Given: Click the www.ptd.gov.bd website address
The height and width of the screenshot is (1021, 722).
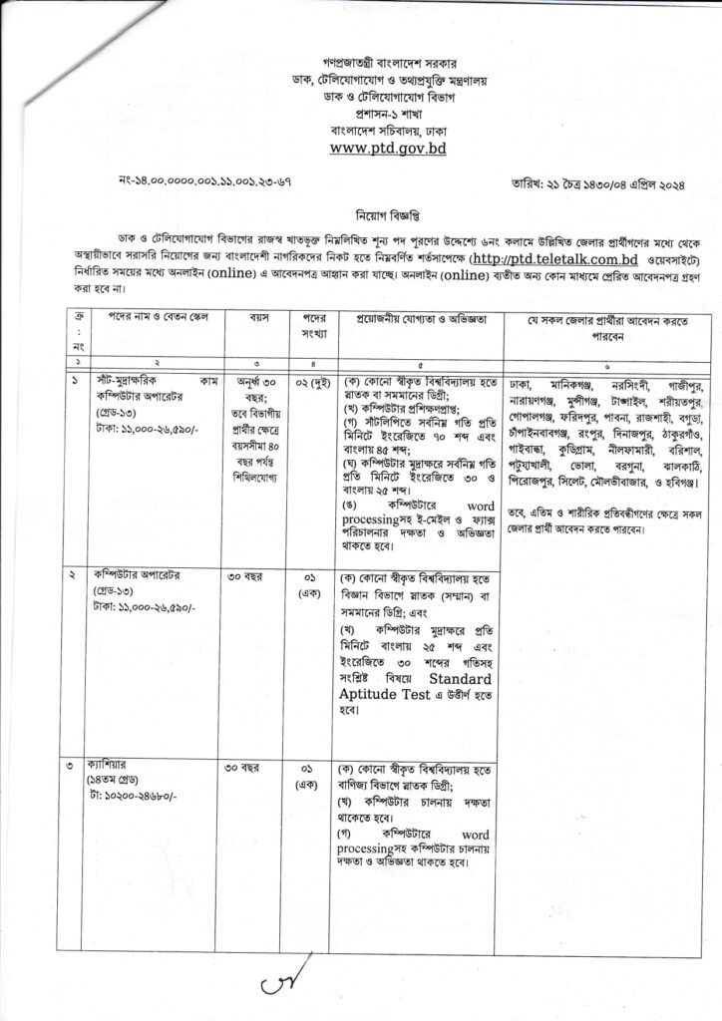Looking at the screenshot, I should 361,149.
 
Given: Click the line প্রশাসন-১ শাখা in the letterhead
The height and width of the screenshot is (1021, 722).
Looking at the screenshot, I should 361,113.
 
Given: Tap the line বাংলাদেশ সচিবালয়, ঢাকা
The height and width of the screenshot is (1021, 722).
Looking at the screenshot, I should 361,130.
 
